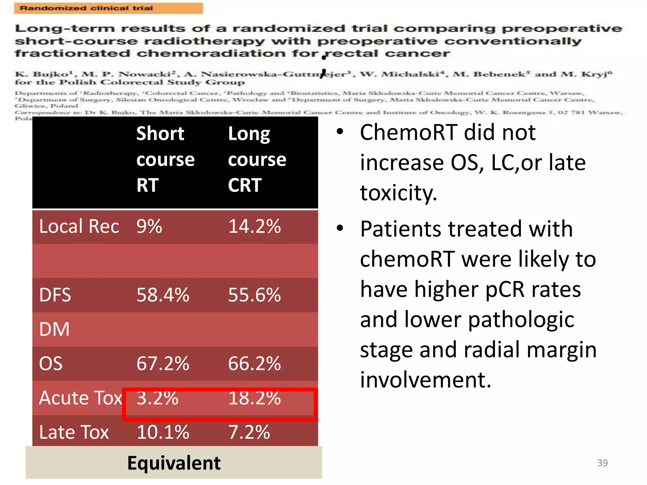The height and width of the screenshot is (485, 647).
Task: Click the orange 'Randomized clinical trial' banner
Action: coord(108,8)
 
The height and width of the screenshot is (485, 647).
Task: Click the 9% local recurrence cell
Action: coord(149,226)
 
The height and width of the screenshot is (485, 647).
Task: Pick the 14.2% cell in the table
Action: coord(254,226)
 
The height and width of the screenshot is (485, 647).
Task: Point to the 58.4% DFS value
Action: coord(163,295)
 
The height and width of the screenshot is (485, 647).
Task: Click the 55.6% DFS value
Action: coord(254,295)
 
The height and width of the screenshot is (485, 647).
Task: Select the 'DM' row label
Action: coord(54,329)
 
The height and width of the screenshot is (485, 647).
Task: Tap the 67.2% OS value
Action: coord(163,363)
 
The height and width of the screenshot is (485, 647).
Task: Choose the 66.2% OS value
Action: coord(254,363)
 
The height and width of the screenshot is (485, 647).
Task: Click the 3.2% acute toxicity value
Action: coord(157,398)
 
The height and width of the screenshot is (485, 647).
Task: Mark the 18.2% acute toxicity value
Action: coord(254,398)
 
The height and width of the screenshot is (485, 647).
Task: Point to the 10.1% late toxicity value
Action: coord(163,432)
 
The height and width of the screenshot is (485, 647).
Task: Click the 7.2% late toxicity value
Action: coord(249,432)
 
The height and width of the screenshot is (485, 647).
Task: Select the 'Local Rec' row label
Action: coord(79,226)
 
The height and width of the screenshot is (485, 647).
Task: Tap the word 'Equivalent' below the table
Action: coord(174,463)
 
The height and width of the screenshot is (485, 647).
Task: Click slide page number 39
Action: coord(602,463)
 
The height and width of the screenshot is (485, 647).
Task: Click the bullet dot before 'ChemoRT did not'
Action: coord(340,131)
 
